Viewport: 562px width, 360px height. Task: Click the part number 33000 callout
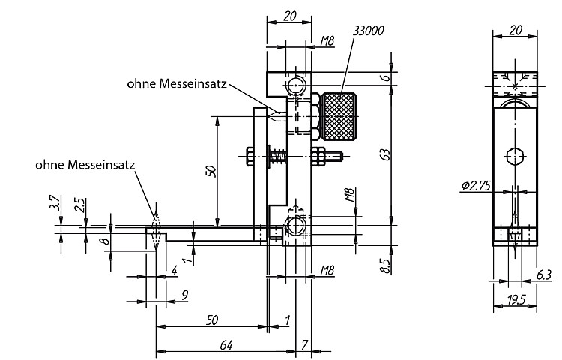coord(369,31)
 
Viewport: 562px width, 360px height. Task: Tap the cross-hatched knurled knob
coord(339,116)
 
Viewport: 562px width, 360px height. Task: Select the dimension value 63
coord(385,154)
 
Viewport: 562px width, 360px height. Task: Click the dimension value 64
coord(226,345)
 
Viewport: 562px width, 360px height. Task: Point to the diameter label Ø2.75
coord(476,185)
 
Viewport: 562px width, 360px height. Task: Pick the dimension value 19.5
coord(516,300)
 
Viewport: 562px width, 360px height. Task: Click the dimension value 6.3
coord(544,274)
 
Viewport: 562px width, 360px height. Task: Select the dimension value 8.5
coord(385,265)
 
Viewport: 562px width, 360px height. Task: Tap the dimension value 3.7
coord(55,202)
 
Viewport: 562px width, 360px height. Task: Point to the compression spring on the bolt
coord(278,156)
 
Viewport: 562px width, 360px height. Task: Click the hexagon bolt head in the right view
coord(516,157)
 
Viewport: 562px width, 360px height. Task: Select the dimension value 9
coord(185,295)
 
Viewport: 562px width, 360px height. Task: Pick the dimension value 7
coord(304,345)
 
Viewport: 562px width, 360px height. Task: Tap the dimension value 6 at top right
coord(386,77)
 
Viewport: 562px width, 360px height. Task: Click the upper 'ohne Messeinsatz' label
coord(177,83)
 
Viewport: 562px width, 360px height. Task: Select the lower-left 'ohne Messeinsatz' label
coord(85,165)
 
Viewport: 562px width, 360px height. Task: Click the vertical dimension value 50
coord(211,171)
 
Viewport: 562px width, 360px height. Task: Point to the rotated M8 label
coord(349,195)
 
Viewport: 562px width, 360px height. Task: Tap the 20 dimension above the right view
coord(516,31)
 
